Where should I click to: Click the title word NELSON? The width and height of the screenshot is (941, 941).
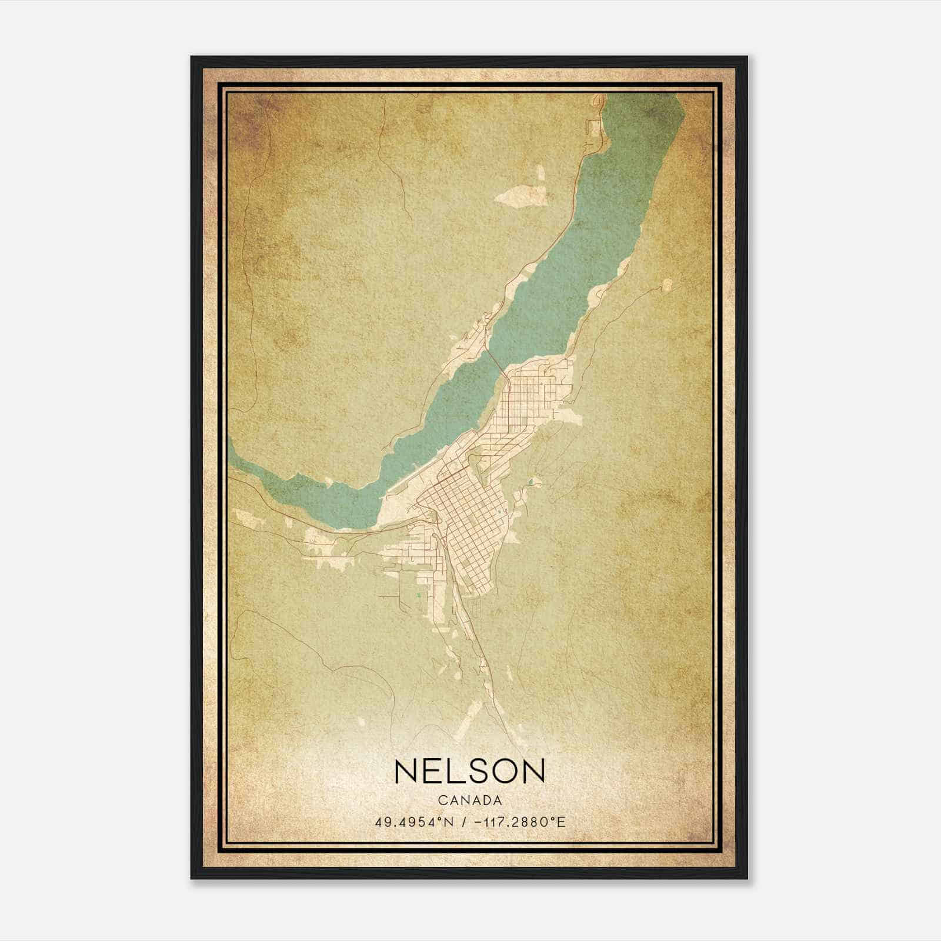click(470, 771)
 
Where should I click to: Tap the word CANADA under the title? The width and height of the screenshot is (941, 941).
click(470, 800)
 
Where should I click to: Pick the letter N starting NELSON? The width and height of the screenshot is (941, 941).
click(408, 771)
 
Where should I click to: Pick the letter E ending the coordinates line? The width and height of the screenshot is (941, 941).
click(562, 822)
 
